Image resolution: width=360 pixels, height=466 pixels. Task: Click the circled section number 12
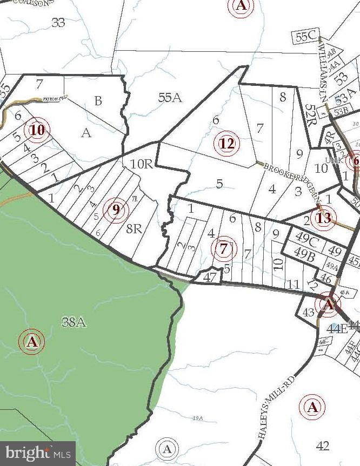tap(228, 144)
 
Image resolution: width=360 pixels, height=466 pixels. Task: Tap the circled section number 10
tap(38, 130)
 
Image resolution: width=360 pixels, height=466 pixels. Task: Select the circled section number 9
tap(116, 209)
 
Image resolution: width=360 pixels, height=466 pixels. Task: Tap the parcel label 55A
tap(169, 98)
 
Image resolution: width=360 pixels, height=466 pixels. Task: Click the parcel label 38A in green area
tap(74, 322)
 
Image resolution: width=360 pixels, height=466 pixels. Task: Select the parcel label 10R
tap(142, 164)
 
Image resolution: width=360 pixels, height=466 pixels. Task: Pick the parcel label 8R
tap(134, 228)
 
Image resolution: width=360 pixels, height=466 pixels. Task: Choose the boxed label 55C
tap(306, 37)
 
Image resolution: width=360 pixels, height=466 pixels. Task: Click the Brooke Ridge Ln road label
tap(290, 178)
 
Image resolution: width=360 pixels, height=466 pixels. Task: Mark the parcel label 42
tap(323, 445)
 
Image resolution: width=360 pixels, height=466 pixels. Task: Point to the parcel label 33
tap(58, 22)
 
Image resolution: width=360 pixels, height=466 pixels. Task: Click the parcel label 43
tap(308, 312)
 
